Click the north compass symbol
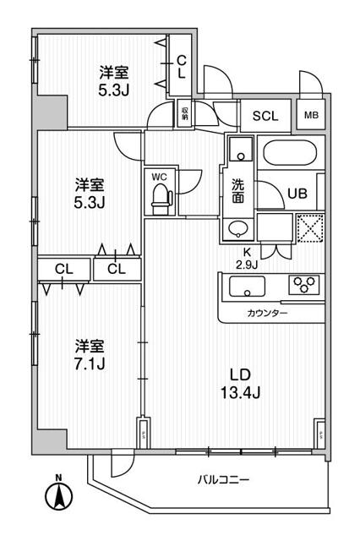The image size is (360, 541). [x=60, y=495]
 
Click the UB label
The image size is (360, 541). [x=297, y=193]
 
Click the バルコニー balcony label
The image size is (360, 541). [x=223, y=480]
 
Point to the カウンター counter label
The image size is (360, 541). [x=269, y=314]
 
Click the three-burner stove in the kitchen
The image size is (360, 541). [x=304, y=285]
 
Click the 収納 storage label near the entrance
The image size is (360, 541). [x=184, y=112]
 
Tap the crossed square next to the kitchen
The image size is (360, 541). [x=310, y=228]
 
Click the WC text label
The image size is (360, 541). [x=159, y=176]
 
